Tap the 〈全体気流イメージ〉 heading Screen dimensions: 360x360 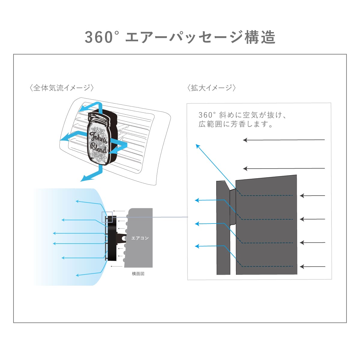click(x=62, y=88)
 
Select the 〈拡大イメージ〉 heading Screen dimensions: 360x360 click(x=211, y=88)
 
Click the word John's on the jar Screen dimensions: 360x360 click(x=98, y=138)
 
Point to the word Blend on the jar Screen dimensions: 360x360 click(x=98, y=148)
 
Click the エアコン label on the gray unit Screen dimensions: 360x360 click(x=140, y=238)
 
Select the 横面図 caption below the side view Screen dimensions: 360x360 click(x=138, y=274)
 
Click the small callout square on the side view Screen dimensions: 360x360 click(x=107, y=217)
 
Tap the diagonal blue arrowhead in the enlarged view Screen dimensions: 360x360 click(x=198, y=146)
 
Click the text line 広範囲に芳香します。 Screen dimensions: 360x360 click(x=236, y=124)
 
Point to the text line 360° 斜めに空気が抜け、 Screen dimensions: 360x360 click(x=242, y=115)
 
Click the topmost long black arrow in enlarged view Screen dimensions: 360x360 click(x=284, y=140)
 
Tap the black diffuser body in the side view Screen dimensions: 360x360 click(x=112, y=238)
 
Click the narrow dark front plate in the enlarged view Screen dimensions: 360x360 click(x=223, y=228)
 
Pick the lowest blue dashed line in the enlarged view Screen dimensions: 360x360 click(x=267, y=266)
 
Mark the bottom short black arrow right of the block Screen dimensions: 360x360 click(x=313, y=267)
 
